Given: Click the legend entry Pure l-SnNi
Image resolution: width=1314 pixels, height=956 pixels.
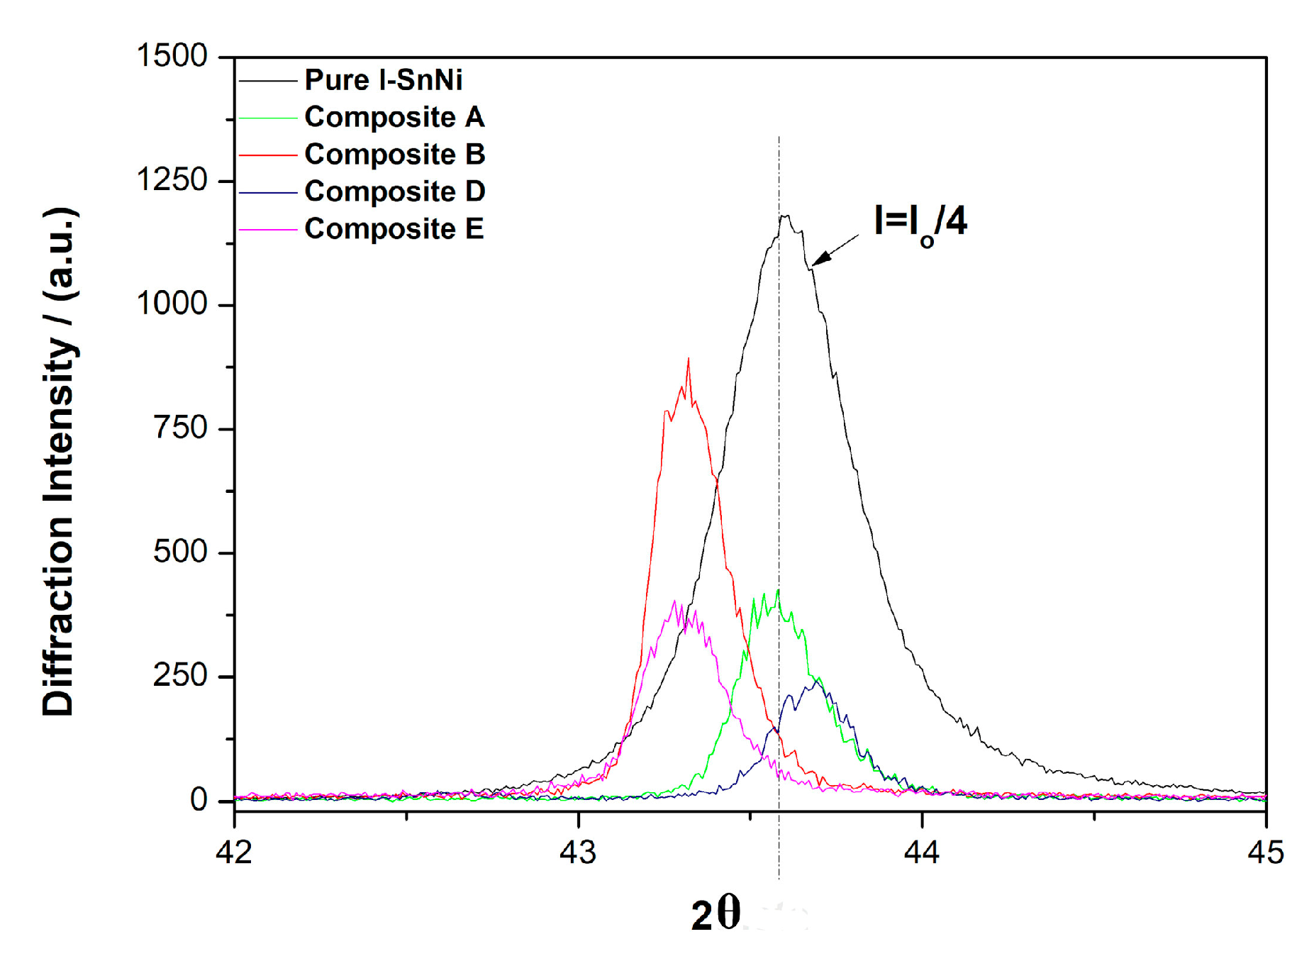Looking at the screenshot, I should [x=383, y=80].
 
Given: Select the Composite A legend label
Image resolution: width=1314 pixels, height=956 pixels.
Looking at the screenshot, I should [x=394, y=117].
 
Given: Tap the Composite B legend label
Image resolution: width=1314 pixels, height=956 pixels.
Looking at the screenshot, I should [x=394, y=155].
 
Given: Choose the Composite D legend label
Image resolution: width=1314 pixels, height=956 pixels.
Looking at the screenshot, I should [x=394, y=191].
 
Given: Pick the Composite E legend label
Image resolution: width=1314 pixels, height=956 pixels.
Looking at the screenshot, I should [x=394, y=229].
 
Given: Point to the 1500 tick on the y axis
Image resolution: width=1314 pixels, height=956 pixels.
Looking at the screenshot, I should [x=172, y=56].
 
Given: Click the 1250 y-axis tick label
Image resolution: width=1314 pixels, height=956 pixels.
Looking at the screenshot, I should [x=172, y=180].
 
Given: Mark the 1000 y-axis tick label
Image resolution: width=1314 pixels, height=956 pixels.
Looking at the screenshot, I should [x=172, y=304].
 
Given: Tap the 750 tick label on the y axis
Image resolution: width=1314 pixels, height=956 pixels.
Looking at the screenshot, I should [x=180, y=428].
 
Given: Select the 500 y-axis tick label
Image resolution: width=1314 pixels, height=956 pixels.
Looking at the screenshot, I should [x=180, y=552].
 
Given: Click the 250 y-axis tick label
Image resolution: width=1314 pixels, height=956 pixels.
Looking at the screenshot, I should [x=180, y=676].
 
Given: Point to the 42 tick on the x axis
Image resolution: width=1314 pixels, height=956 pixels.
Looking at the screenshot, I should [x=234, y=852].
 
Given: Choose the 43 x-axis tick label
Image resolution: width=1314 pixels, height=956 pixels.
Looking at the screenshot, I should [x=578, y=852].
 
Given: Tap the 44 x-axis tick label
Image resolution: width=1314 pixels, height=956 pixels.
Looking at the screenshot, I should [x=922, y=852].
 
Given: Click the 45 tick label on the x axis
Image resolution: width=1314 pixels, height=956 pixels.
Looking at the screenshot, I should [x=1266, y=852].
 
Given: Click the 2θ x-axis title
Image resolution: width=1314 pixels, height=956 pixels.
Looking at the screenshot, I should [x=716, y=915].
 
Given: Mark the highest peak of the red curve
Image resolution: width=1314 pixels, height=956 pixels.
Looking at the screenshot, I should [x=688, y=360].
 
